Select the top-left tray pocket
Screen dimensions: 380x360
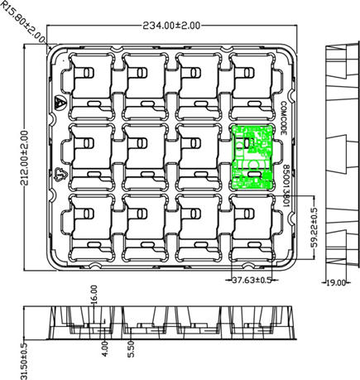click(x=90, y=83)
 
